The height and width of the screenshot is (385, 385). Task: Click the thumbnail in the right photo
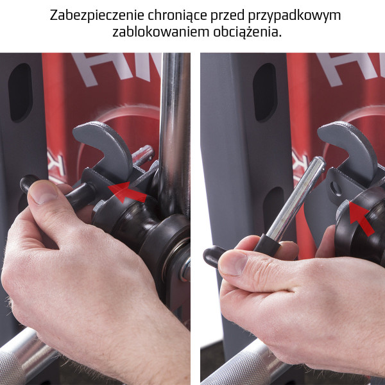click(x=234, y=264)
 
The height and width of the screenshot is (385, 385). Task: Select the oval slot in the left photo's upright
click(x=21, y=93)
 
